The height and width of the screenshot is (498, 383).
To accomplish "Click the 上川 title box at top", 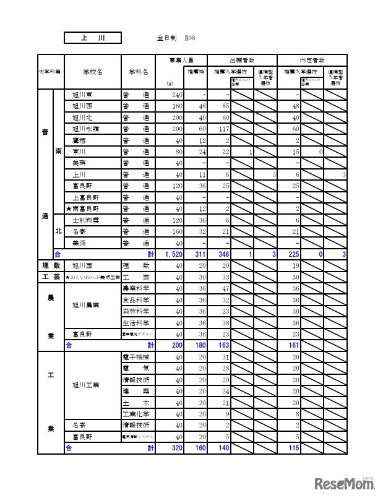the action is [x=93, y=38].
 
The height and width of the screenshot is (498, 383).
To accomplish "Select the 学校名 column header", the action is [x=92, y=72].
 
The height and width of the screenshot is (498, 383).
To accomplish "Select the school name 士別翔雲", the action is [x=86, y=220].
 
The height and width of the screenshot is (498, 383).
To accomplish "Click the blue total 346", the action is [x=221, y=254].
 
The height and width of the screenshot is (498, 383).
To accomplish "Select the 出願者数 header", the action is [x=241, y=60].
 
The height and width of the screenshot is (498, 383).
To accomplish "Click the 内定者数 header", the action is [x=312, y=60].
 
